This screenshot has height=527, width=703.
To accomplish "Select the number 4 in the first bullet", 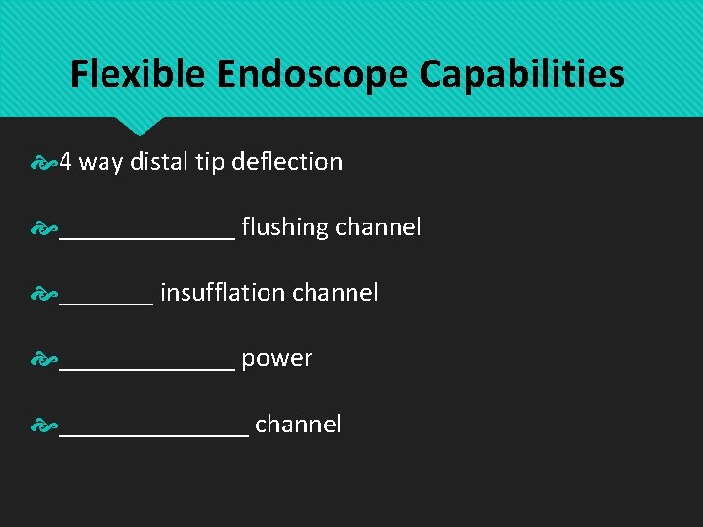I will click(x=65, y=162).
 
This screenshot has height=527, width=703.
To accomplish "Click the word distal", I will click(x=158, y=162).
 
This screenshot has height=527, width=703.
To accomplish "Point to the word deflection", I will click(x=287, y=162).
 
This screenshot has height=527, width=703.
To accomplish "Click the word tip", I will click(x=210, y=162).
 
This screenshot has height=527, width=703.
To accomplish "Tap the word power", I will click(x=276, y=359).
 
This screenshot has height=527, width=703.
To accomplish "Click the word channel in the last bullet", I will click(x=298, y=425).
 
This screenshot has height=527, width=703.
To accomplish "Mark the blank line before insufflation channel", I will click(x=105, y=302).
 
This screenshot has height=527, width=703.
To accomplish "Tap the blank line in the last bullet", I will click(x=153, y=433).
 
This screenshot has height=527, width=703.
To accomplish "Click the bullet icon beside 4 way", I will click(x=44, y=163).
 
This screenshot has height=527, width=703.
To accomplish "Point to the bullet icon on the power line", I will click(x=44, y=360).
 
